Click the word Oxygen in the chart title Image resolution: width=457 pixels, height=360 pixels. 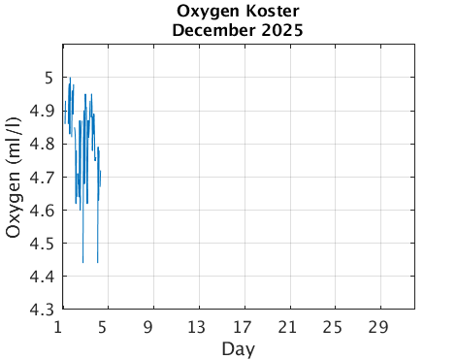210,12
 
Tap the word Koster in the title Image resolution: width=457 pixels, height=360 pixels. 268,12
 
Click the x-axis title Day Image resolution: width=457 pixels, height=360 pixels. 238,347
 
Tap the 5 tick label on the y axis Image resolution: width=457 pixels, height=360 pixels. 46,79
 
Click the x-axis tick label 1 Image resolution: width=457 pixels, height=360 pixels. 60,326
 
